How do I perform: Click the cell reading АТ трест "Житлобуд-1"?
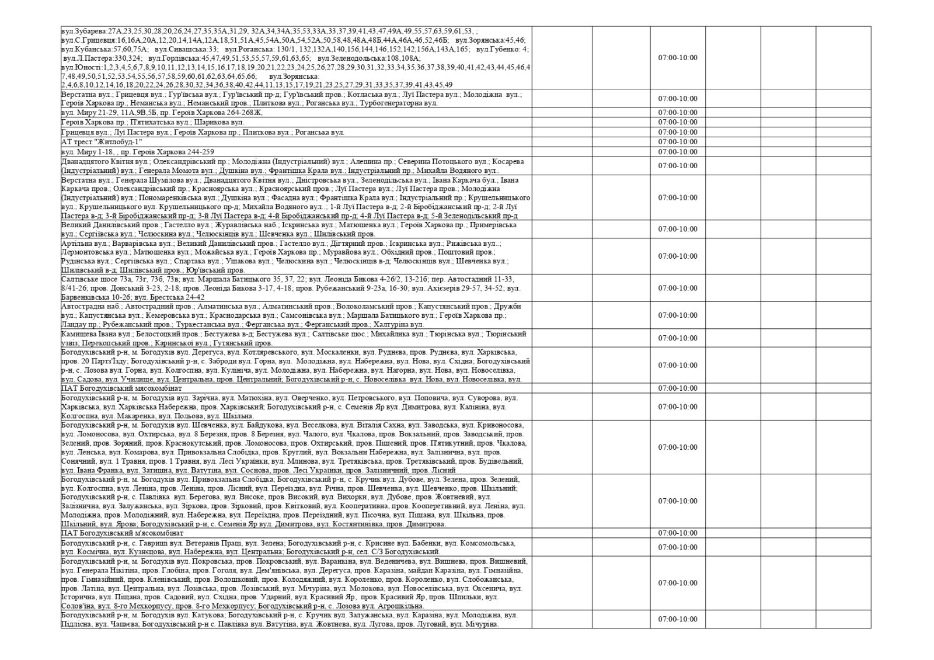(x=102, y=142)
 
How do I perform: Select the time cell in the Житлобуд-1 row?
(x=678, y=142)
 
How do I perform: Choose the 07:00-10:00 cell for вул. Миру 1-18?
(x=678, y=152)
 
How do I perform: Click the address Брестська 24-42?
(x=178, y=297)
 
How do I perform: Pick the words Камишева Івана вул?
(x=96, y=334)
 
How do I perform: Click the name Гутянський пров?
(x=242, y=343)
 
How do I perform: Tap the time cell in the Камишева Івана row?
(x=678, y=338)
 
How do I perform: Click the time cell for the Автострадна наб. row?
(x=678, y=315)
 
